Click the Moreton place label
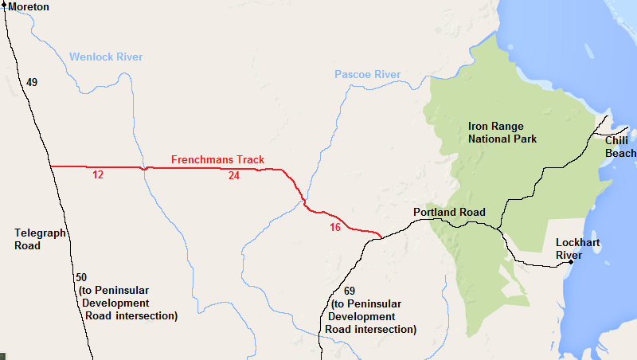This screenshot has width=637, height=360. tap(29, 7)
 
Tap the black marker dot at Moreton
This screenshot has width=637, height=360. tap(4, 5)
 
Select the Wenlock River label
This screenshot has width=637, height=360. tap(106, 57)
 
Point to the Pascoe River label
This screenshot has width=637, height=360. tap(367, 75)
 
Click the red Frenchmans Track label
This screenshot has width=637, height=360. tap(217, 160)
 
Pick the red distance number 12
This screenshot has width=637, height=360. tap(98, 174)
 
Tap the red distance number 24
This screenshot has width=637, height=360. tap(233, 175)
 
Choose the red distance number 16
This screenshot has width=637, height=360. tap(334, 228)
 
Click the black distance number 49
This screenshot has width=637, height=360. tap(32, 82)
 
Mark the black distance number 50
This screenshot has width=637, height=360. tap(81, 277)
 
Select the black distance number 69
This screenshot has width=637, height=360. tap(349, 291)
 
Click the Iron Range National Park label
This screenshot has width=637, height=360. tap(502, 132)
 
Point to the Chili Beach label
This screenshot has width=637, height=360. tap(620, 147)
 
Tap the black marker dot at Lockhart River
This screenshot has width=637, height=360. tap(571, 262)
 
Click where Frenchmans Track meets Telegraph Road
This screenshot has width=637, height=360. tap(50, 166)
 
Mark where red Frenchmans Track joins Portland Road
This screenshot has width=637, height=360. tap(380, 237)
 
